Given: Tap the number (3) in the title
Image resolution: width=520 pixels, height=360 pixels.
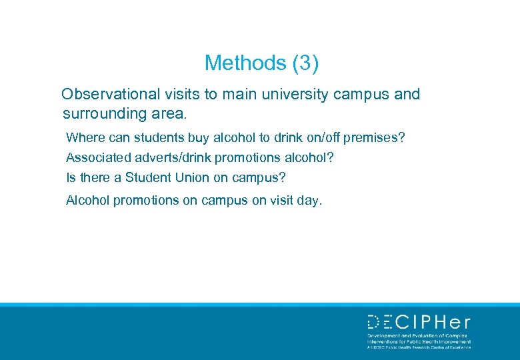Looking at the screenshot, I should point(305,63).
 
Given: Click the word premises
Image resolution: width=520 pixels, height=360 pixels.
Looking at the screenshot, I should point(372,137).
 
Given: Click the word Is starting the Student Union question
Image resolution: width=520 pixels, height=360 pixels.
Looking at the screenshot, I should point(71,178).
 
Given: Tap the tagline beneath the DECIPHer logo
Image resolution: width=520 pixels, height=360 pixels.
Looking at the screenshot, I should point(419,341).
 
